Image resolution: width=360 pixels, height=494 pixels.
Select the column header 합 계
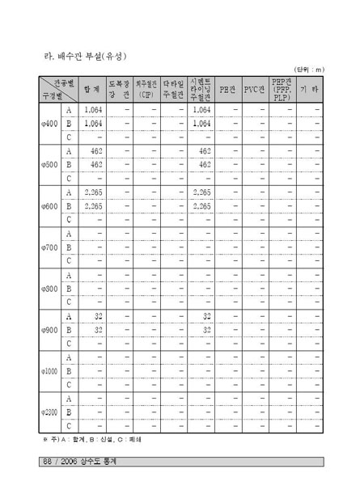[91, 89]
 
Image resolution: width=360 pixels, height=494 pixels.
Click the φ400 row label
[49, 124]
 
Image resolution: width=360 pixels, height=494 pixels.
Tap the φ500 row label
[49, 165]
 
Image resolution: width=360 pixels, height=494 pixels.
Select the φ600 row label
[49, 206]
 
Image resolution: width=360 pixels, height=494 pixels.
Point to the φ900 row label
[49, 330]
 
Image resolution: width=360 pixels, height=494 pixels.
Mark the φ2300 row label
[49, 412]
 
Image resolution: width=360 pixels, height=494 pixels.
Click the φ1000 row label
[49, 371]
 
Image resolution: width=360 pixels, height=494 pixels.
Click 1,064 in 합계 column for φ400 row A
[92, 109]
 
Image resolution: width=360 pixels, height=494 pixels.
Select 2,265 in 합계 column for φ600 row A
[92, 192]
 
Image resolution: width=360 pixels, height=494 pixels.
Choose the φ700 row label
[49, 247]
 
